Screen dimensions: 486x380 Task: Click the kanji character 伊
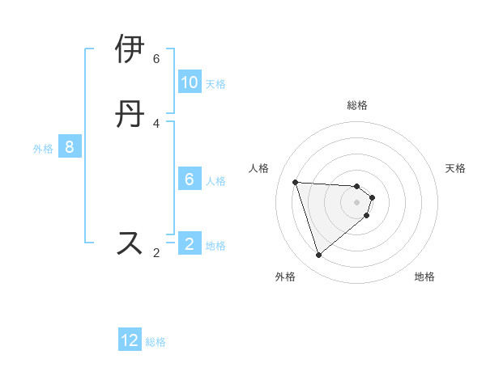coord(130,49)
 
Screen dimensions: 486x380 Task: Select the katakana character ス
coord(130,243)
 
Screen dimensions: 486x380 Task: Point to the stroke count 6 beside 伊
coord(156,59)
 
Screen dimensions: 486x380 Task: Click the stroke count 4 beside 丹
coord(156,123)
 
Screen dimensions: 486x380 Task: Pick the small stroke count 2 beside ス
coord(156,253)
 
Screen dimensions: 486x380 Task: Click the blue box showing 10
coord(190,82)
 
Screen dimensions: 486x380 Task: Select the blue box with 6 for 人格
coord(190,179)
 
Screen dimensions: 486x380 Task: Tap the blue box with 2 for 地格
coord(190,244)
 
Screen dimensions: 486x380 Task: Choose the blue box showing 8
coord(70,147)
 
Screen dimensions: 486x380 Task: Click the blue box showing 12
coord(130,340)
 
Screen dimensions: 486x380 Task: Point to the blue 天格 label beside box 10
coord(215,84)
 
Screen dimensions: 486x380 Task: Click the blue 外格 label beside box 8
coord(43,149)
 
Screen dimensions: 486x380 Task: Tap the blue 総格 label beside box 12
coord(156,342)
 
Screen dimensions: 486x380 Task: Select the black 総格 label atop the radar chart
coord(357,105)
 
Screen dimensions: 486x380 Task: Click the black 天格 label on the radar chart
coord(456,168)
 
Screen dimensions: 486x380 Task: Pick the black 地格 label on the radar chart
coord(424,277)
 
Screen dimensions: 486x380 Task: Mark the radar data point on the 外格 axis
coord(318,255)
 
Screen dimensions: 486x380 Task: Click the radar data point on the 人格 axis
coord(296,182)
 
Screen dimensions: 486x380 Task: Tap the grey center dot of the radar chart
coord(357,213)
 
